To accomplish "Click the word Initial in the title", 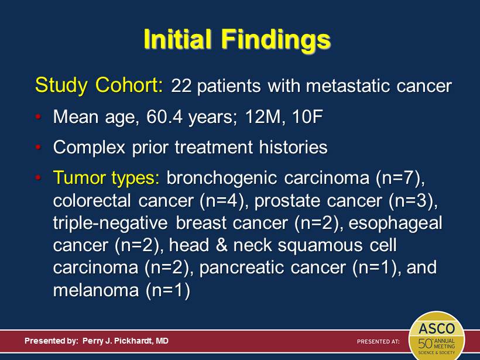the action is coord(177,39).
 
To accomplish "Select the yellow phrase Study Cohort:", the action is coord(99,85).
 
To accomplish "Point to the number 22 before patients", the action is coord(181,86).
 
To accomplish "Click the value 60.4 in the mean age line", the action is coord(164,116).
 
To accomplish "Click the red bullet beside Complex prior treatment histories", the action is coord(38,148).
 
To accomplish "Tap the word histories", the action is coord(293,148).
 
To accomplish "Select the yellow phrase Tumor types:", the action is coord(106,178).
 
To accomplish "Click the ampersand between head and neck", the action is coord(222,245).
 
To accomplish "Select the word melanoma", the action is coord(96,290).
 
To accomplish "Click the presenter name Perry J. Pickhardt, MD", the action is coord(125,341).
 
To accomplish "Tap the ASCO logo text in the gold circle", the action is coord(437,329).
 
